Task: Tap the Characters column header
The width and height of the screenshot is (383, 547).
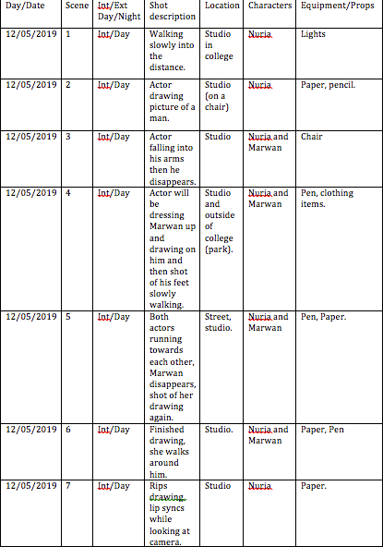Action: tap(269, 6)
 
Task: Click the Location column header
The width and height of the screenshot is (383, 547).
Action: tap(221, 6)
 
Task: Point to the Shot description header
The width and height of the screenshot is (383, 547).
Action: tap(171, 11)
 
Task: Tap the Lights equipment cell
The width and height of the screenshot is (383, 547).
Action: tap(313, 34)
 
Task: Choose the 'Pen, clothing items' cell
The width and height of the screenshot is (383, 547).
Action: tap(327, 199)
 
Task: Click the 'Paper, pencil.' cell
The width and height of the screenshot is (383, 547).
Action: tap(329, 85)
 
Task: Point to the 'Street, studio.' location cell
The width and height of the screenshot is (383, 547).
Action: tap(219, 322)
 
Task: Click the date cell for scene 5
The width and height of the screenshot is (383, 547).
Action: tap(31, 317)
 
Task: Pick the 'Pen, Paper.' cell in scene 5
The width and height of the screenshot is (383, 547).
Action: tap(322, 317)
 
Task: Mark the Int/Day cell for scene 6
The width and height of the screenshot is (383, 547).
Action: tap(114, 430)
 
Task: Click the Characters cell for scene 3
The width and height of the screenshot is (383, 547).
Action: tap(268, 142)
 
